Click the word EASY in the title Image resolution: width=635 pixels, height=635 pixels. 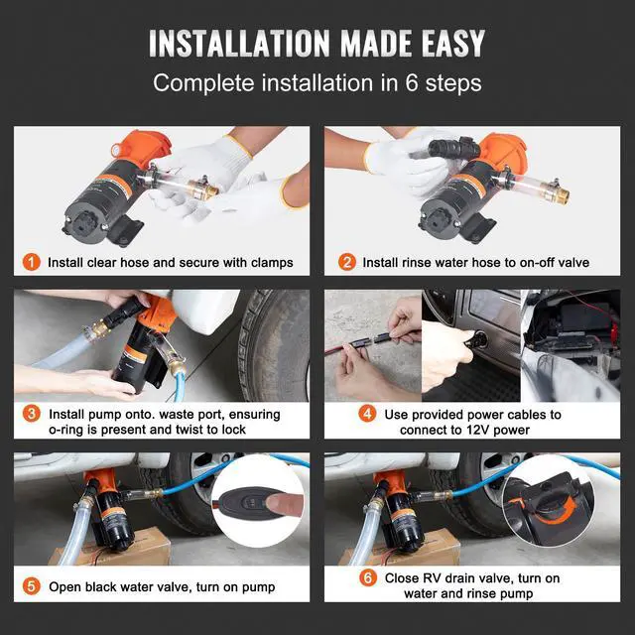pyautogui.click(x=453, y=43)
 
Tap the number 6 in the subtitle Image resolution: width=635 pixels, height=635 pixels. pyautogui.click(x=412, y=82)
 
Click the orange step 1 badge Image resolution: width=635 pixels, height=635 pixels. pyautogui.click(x=31, y=262)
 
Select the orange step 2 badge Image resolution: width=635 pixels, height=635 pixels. pyautogui.click(x=347, y=262)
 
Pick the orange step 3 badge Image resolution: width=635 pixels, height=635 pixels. pyautogui.click(x=31, y=414)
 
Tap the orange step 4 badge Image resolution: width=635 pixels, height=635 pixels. pyautogui.click(x=367, y=414)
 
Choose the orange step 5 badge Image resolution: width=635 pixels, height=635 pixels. pyautogui.click(x=31, y=586)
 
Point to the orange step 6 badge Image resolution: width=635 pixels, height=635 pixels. pyautogui.click(x=368, y=577)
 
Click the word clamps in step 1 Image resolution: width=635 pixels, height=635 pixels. pyautogui.click(x=272, y=263)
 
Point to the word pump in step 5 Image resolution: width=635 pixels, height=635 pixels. pyautogui.click(x=258, y=587)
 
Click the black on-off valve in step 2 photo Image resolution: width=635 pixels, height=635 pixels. pyautogui.click(x=454, y=149)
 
